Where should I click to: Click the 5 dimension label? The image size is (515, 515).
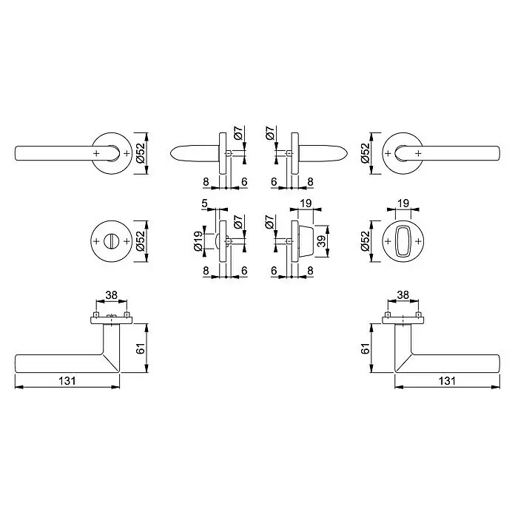point(205,203)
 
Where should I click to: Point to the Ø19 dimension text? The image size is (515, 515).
point(198,241)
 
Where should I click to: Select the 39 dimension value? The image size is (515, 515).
point(322,241)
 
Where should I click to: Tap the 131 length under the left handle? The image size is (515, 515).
point(67,380)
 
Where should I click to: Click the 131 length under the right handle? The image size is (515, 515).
point(447,380)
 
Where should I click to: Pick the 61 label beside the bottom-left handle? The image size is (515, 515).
point(141,349)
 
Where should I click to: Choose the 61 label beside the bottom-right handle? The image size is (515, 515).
point(365,349)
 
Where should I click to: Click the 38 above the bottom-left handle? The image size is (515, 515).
point(111,295)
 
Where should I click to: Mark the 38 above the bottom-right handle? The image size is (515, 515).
point(403,295)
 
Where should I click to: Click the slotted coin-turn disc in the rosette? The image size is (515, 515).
point(111,241)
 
